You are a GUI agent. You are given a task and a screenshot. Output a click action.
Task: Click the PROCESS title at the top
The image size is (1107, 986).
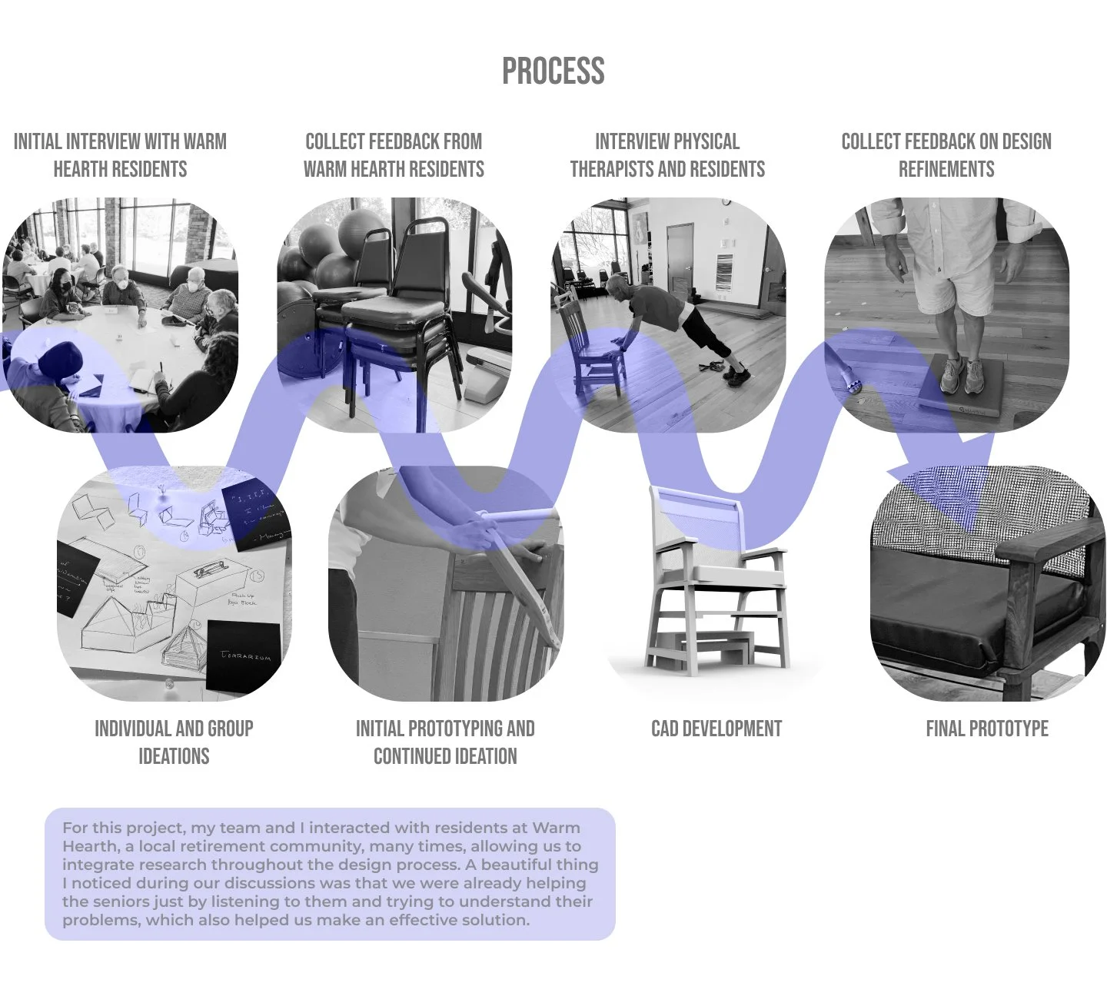[553, 71]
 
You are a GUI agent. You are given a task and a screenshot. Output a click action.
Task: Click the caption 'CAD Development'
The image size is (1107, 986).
[716, 729]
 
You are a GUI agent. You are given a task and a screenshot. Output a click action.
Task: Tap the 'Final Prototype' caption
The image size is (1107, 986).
[987, 729]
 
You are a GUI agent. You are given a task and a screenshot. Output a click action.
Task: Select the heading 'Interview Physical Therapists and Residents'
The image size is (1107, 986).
[667, 155]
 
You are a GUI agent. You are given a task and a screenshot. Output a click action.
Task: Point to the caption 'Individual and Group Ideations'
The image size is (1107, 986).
[174, 742]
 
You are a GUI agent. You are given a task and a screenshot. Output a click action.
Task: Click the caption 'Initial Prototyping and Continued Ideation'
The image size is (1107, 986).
[445, 742]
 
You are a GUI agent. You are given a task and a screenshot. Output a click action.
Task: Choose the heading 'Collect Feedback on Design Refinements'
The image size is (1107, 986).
[946, 155]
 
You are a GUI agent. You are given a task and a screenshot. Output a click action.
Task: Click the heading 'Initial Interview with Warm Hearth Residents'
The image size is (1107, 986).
[120, 155]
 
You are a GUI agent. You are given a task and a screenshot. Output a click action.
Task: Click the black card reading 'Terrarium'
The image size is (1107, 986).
[243, 654]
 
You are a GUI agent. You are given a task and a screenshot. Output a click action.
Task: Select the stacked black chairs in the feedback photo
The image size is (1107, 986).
[392, 307]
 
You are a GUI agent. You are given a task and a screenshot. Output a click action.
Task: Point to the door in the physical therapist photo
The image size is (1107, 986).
[680, 261]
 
